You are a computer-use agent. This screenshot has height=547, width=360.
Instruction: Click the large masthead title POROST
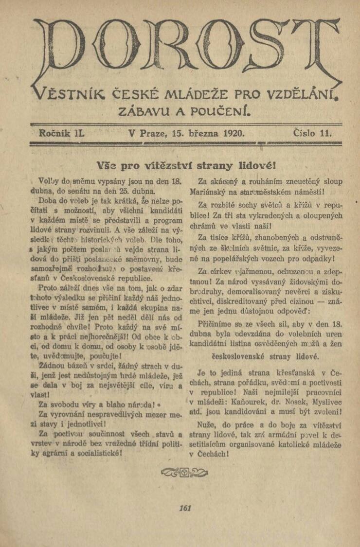(x=187, y=51)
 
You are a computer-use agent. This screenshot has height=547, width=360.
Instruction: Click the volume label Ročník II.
(x=60, y=132)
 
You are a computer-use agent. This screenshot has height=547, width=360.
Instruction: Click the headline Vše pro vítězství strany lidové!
(x=187, y=164)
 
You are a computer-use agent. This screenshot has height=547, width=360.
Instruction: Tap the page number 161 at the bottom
(x=185, y=508)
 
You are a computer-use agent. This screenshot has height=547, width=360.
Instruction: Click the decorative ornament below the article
(x=188, y=472)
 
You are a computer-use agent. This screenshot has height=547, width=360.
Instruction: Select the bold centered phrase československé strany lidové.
(x=271, y=356)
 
